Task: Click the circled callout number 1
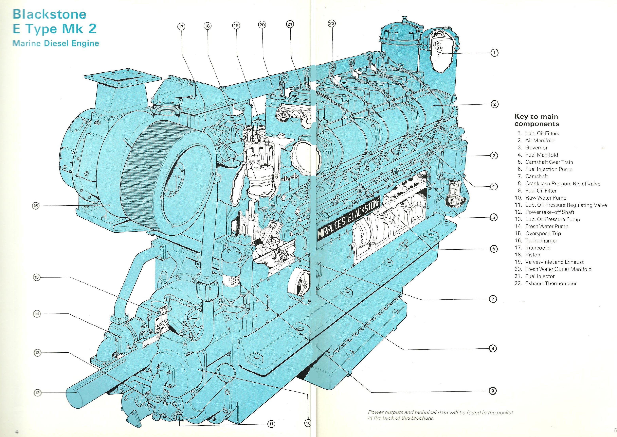(494, 53)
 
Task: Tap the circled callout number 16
(36, 206)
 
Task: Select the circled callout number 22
(332, 24)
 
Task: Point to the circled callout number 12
(37, 393)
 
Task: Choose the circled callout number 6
(494, 249)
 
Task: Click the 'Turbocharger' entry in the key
(541, 241)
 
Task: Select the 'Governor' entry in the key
(536, 147)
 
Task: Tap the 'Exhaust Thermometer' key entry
(551, 283)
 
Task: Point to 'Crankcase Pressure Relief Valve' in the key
(562, 184)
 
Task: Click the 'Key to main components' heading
(536, 120)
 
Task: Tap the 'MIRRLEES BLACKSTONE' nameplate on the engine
(349, 219)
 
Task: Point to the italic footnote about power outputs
(440, 415)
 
